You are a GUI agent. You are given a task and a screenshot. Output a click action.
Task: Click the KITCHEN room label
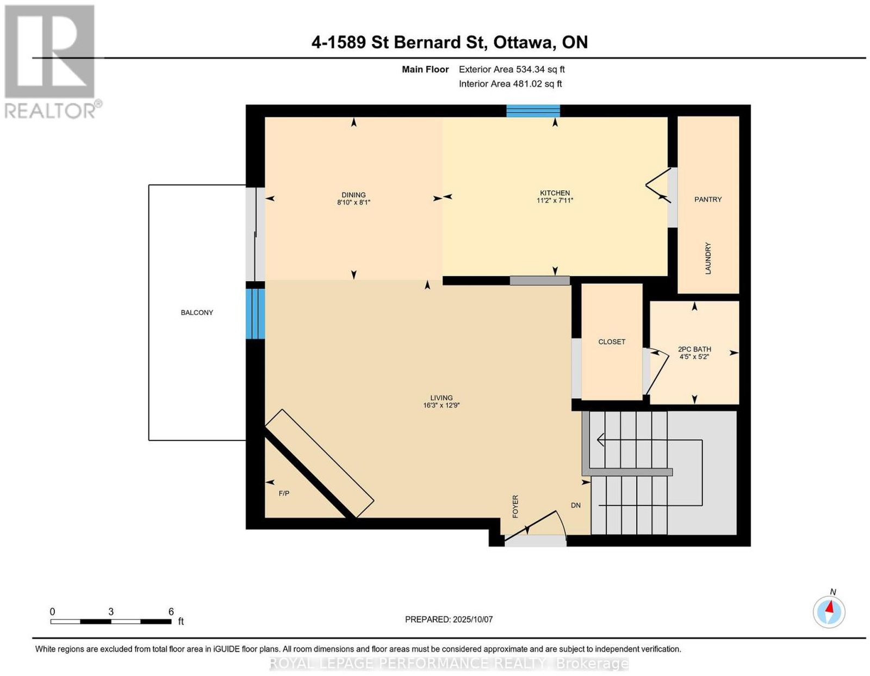tap(555, 193)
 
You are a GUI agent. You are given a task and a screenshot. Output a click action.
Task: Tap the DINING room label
tap(353, 195)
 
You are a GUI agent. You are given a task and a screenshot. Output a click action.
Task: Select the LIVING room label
tap(441, 398)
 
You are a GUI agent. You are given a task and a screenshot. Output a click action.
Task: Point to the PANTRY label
tap(708, 199)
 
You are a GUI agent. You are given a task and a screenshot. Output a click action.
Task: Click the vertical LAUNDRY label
tap(708, 258)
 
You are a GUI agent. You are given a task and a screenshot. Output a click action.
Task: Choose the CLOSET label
tap(611, 342)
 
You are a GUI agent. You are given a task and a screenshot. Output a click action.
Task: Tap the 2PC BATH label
tap(694, 349)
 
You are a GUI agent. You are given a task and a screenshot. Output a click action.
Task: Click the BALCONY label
tap(197, 313)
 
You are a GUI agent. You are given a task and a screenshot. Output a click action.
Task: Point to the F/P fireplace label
tap(284, 493)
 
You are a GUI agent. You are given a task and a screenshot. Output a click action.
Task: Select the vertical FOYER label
tap(515, 506)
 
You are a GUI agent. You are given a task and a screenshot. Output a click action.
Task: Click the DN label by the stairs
tap(576, 505)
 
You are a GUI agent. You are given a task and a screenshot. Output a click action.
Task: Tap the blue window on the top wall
tap(533, 110)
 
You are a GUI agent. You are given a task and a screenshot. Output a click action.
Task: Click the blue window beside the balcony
tap(255, 314)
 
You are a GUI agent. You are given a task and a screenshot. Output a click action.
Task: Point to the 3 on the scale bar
tap(111, 612)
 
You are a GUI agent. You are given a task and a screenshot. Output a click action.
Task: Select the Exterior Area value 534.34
tap(530, 69)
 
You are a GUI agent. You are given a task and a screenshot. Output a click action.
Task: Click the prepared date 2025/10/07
tap(473, 619)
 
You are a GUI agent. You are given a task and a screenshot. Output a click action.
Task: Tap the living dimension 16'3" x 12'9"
tap(441, 405)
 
